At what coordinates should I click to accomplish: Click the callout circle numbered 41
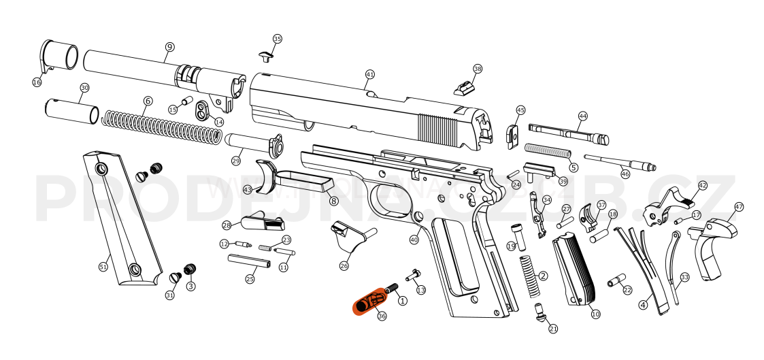coord(370,73)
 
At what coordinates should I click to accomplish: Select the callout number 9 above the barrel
coord(169,47)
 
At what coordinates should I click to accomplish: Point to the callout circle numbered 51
coord(103,267)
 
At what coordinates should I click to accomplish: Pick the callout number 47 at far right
coord(739,207)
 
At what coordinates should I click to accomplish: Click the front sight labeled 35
coord(266,54)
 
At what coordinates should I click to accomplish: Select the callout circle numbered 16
coord(37,82)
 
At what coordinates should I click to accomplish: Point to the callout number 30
coord(84,88)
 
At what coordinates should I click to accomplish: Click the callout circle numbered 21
coord(553,329)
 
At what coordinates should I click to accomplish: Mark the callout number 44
coord(582,116)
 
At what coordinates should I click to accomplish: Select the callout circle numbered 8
coord(333,201)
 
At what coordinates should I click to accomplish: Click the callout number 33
coord(684,277)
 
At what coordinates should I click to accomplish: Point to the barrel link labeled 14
coord(203,111)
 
